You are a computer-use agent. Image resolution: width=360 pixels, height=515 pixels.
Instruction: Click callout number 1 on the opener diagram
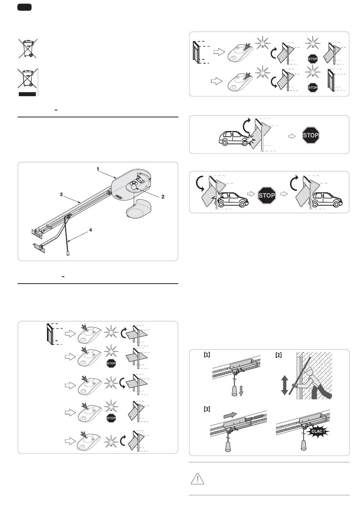coord(98,169)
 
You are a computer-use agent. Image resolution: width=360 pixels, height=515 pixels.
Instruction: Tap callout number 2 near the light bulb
coord(163,197)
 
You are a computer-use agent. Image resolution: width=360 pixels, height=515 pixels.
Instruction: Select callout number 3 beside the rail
coord(61,195)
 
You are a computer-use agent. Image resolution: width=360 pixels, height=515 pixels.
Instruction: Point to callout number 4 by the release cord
coord(91,230)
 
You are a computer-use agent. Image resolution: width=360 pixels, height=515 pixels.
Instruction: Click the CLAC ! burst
coord(318,431)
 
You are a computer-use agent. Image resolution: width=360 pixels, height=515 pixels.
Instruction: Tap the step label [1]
coord(207,355)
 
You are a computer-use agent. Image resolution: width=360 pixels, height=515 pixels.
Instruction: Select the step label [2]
coord(279,355)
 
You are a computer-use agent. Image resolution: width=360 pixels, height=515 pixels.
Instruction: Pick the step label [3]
coord(207,409)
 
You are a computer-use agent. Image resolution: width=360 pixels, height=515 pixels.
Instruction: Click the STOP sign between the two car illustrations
coord(267,195)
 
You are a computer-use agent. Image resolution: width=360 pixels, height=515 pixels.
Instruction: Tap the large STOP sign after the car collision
coord(310,135)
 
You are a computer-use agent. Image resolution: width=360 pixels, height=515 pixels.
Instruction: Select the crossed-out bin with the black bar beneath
coord(28,82)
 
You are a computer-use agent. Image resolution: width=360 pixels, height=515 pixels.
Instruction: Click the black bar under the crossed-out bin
coord(27,94)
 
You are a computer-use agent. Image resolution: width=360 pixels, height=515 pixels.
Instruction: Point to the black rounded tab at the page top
coord(24,7)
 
